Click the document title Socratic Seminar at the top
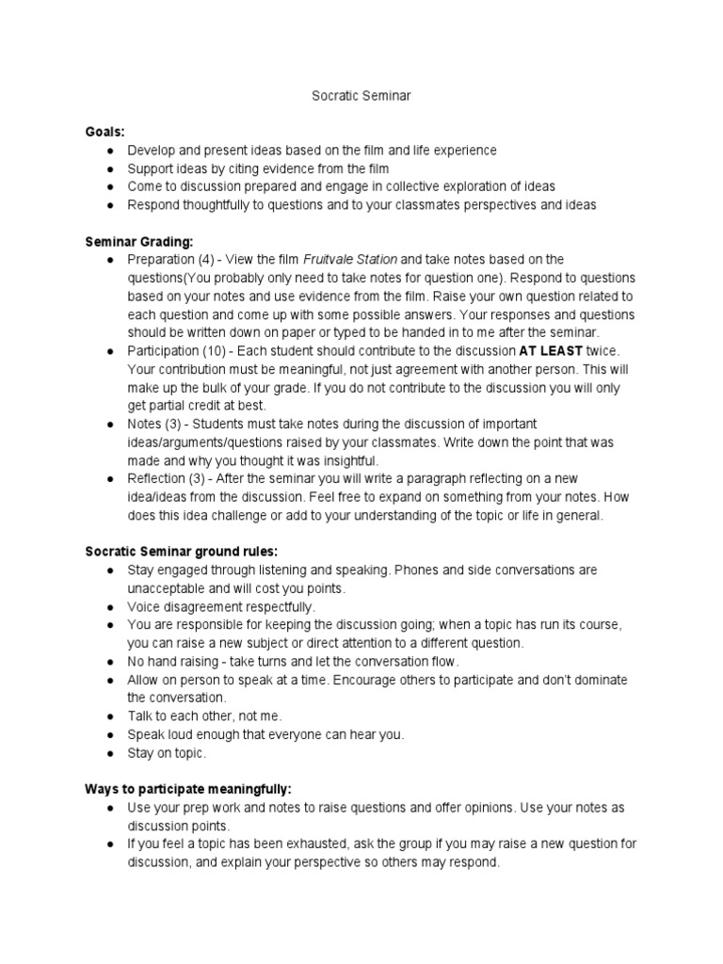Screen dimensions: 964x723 (361, 96)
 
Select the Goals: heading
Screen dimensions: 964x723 (104, 133)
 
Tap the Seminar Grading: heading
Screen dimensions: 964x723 (139, 242)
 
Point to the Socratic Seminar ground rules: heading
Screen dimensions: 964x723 (182, 552)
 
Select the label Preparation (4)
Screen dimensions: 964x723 (166, 260)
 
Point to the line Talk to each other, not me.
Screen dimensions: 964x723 (204, 716)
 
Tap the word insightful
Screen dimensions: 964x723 (343, 460)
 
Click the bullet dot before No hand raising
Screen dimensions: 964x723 (110, 662)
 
